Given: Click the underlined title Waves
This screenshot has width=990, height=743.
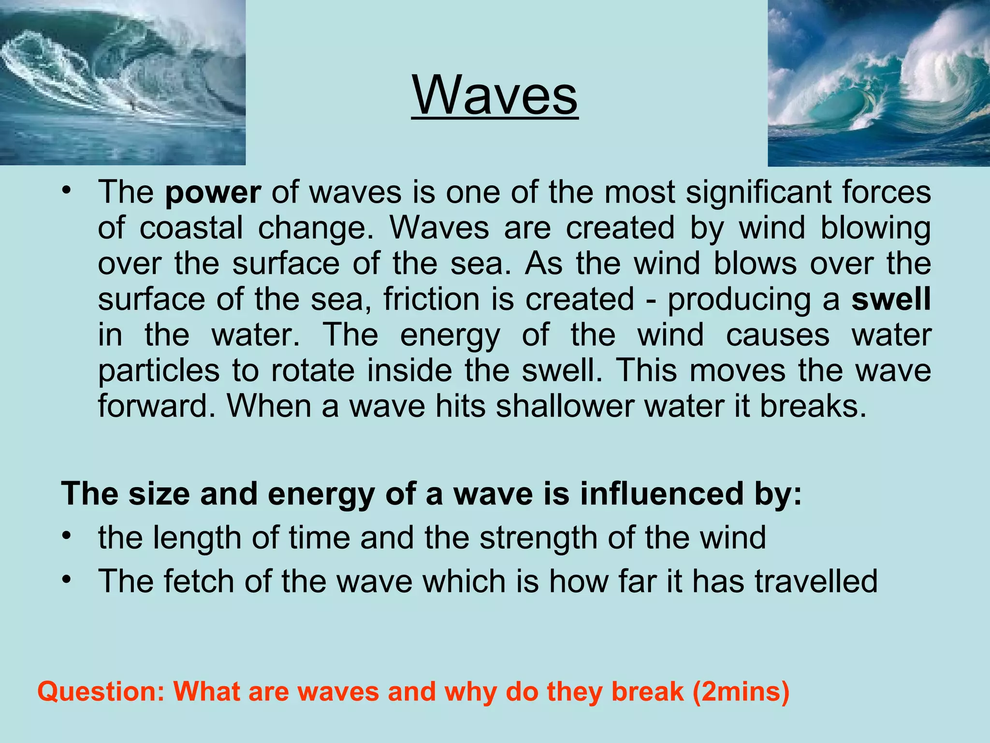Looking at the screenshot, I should tap(495, 95).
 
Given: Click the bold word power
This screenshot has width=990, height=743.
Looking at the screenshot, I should tap(213, 193).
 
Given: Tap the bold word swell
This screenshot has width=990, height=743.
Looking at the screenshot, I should tap(891, 299).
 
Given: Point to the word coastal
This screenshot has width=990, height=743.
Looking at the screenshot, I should tap(191, 228).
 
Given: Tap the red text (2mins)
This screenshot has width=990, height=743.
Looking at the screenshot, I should tap(741, 691).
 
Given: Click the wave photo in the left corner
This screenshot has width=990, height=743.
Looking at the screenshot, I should tap(122, 82).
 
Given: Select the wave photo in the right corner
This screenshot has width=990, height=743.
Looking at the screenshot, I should tap(878, 83).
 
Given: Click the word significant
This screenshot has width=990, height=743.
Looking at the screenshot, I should tap(759, 193).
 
